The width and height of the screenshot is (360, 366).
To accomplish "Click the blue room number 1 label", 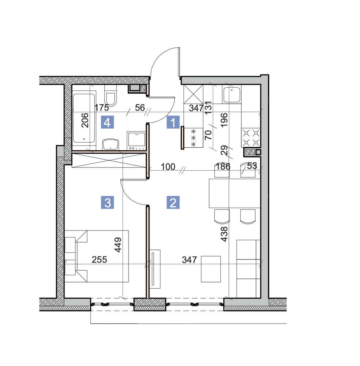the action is [x=173, y=122].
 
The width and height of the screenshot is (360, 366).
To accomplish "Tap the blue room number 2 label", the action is [x=173, y=202].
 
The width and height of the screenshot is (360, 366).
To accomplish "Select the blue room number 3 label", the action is [x=108, y=202].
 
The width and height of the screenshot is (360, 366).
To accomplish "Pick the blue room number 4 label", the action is [x=107, y=122].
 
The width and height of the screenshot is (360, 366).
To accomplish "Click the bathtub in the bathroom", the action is [x=84, y=118].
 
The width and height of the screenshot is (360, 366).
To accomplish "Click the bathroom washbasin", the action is [x=111, y=144].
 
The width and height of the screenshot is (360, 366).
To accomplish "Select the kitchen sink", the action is [x=232, y=95].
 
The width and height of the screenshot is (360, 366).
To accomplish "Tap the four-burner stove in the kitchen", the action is [x=251, y=137].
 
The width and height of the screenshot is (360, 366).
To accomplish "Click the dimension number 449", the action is [x=118, y=245].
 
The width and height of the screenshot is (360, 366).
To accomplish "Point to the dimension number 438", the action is [x=224, y=234].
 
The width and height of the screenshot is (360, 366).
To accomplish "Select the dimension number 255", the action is [x=99, y=259].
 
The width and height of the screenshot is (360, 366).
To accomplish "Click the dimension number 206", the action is [x=85, y=120].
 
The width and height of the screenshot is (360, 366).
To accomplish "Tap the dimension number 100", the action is [x=168, y=167].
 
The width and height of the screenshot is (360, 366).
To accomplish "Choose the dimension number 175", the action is [x=102, y=108].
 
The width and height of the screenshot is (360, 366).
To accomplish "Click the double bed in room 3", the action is [x=97, y=256].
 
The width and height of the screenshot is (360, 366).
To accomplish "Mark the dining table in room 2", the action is [x=234, y=193].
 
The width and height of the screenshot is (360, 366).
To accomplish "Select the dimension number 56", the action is [x=140, y=108].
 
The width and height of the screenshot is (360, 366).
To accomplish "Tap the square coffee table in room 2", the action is [x=211, y=269].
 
